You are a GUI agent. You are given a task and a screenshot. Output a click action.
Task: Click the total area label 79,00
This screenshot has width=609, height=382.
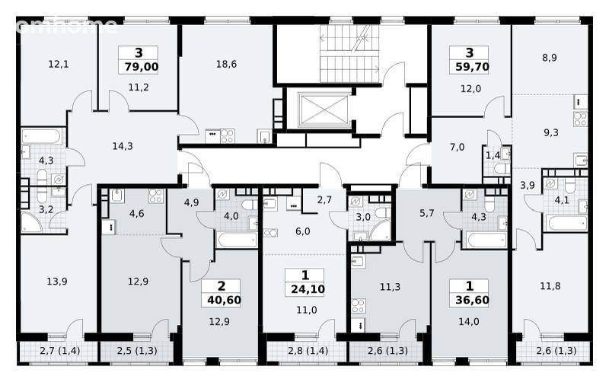tap(142, 67)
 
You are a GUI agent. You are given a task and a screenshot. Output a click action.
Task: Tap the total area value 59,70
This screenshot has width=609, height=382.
tap(472, 67)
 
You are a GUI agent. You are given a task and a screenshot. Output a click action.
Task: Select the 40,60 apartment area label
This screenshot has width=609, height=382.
tap(224, 300)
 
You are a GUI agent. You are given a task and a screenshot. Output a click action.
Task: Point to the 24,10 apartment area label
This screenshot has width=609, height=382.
tap(308, 289)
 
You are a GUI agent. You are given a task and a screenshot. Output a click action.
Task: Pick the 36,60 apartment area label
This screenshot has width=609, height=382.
tap(472, 300)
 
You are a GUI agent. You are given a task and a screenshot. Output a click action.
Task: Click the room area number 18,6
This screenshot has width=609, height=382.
tap(226, 64)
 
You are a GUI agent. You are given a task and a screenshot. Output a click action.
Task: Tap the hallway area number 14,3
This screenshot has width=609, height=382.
tap(123, 146)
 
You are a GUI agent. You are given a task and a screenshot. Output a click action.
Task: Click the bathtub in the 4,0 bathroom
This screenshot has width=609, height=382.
tap(237, 240)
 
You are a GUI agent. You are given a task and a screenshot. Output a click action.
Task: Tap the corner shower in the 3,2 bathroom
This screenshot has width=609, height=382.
tap(31, 223)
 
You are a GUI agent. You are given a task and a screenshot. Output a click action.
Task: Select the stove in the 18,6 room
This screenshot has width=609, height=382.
tap(227, 136)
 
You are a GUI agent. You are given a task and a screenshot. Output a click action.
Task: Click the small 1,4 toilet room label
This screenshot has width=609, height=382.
tap(493, 156)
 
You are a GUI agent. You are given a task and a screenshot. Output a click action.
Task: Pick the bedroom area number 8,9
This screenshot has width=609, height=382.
tap(550, 58)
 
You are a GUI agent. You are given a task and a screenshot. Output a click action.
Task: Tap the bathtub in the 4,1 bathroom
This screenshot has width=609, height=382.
tap(566, 223)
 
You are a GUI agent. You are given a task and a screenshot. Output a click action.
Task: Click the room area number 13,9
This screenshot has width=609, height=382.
tap(57, 281)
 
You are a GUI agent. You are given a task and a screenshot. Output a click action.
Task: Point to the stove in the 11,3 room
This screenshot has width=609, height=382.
tap(359, 305)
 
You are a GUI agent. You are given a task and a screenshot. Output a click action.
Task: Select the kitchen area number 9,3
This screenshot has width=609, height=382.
tap(550, 132)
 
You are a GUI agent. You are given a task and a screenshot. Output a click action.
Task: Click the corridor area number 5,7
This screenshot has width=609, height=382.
tap(427, 213)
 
